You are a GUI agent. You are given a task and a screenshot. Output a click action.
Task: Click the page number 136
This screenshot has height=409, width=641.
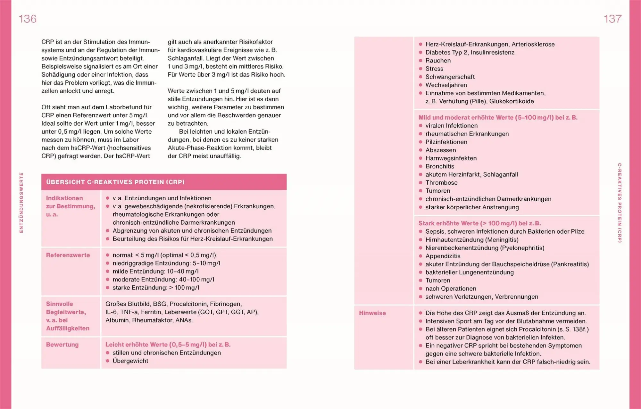pyautogui.click(x=28, y=19)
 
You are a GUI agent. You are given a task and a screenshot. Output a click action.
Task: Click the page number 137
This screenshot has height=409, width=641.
pyautogui.click(x=612, y=19)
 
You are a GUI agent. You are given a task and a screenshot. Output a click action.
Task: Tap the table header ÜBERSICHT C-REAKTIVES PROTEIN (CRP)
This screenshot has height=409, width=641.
pyautogui.click(x=115, y=182)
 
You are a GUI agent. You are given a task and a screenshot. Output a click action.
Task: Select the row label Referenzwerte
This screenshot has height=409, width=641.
pyautogui.click(x=68, y=255)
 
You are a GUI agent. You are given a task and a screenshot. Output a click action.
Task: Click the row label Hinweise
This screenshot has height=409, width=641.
pyautogui.click(x=372, y=313)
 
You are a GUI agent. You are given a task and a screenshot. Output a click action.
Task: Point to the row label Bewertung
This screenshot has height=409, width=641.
pyautogui.click(x=62, y=345)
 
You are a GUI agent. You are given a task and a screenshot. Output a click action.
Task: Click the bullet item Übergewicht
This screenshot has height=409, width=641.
pyautogui.click(x=130, y=361)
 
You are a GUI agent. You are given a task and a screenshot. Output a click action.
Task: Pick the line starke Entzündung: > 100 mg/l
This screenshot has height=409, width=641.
pyautogui.click(x=156, y=288)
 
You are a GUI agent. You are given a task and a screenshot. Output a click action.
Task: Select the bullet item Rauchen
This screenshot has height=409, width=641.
pyautogui.click(x=438, y=61)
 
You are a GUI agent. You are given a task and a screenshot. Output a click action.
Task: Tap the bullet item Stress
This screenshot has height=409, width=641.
pyautogui.click(x=434, y=69)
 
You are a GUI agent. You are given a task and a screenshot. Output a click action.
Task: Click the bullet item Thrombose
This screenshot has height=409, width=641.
pyautogui.click(x=441, y=183)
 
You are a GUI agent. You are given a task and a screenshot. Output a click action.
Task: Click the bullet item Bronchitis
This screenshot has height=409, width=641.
pyautogui.click(x=440, y=166)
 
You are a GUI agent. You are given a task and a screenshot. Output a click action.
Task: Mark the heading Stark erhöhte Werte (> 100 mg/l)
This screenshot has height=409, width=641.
pyautogui.click(x=479, y=223)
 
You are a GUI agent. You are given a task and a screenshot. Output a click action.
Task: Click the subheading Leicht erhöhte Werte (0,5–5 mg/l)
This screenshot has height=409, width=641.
pyautogui.click(x=168, y=345)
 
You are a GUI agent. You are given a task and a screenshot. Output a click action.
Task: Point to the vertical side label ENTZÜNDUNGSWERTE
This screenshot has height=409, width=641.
pyautogui.click(x=21, y=203)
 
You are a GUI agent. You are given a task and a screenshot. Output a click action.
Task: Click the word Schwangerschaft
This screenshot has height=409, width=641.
pyautogui.click(x=450, y=77)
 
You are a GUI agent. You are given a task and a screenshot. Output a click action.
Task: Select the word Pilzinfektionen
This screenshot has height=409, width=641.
pyautogui.click(x=446, y=142)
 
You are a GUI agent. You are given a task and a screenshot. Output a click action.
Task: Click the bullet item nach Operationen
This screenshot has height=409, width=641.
pyautogui.click(x=451, y=289)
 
